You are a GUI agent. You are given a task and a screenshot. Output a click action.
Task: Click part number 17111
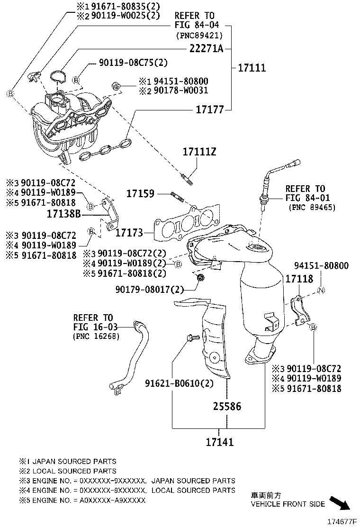[251, 68]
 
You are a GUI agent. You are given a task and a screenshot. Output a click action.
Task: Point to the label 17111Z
[199, 152]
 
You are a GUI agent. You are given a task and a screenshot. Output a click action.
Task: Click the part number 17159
[140, 193]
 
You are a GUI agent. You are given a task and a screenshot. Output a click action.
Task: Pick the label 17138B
[64, 215]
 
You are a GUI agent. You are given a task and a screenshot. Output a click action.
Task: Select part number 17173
[129, 233]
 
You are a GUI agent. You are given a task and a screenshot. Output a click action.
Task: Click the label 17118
[299, 279]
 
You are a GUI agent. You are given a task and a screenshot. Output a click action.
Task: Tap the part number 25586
[226, 406]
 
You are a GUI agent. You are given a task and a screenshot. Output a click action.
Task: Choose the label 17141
[219, 442]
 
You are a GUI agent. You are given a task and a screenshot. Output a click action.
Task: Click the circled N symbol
[320, 291]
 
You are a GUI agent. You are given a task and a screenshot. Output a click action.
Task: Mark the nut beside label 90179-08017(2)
[200, 278]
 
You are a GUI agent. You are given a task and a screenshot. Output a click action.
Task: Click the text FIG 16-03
[93, 327]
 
